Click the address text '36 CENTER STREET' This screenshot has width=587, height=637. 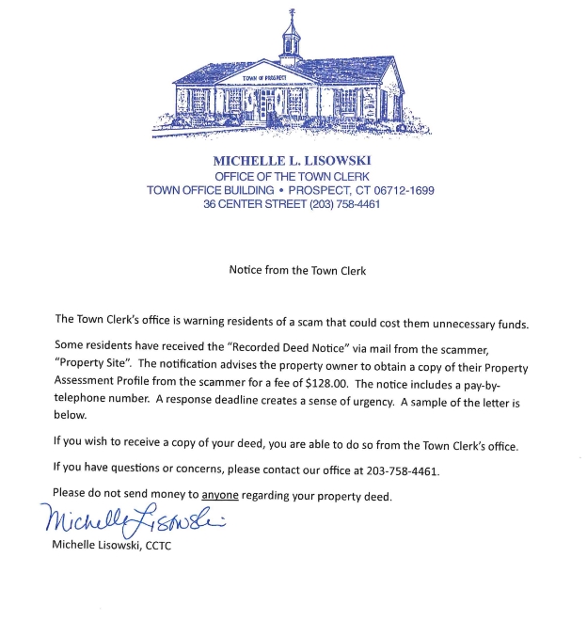247,204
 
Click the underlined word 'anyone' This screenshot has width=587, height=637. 220,494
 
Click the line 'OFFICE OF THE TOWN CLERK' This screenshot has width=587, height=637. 292,176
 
